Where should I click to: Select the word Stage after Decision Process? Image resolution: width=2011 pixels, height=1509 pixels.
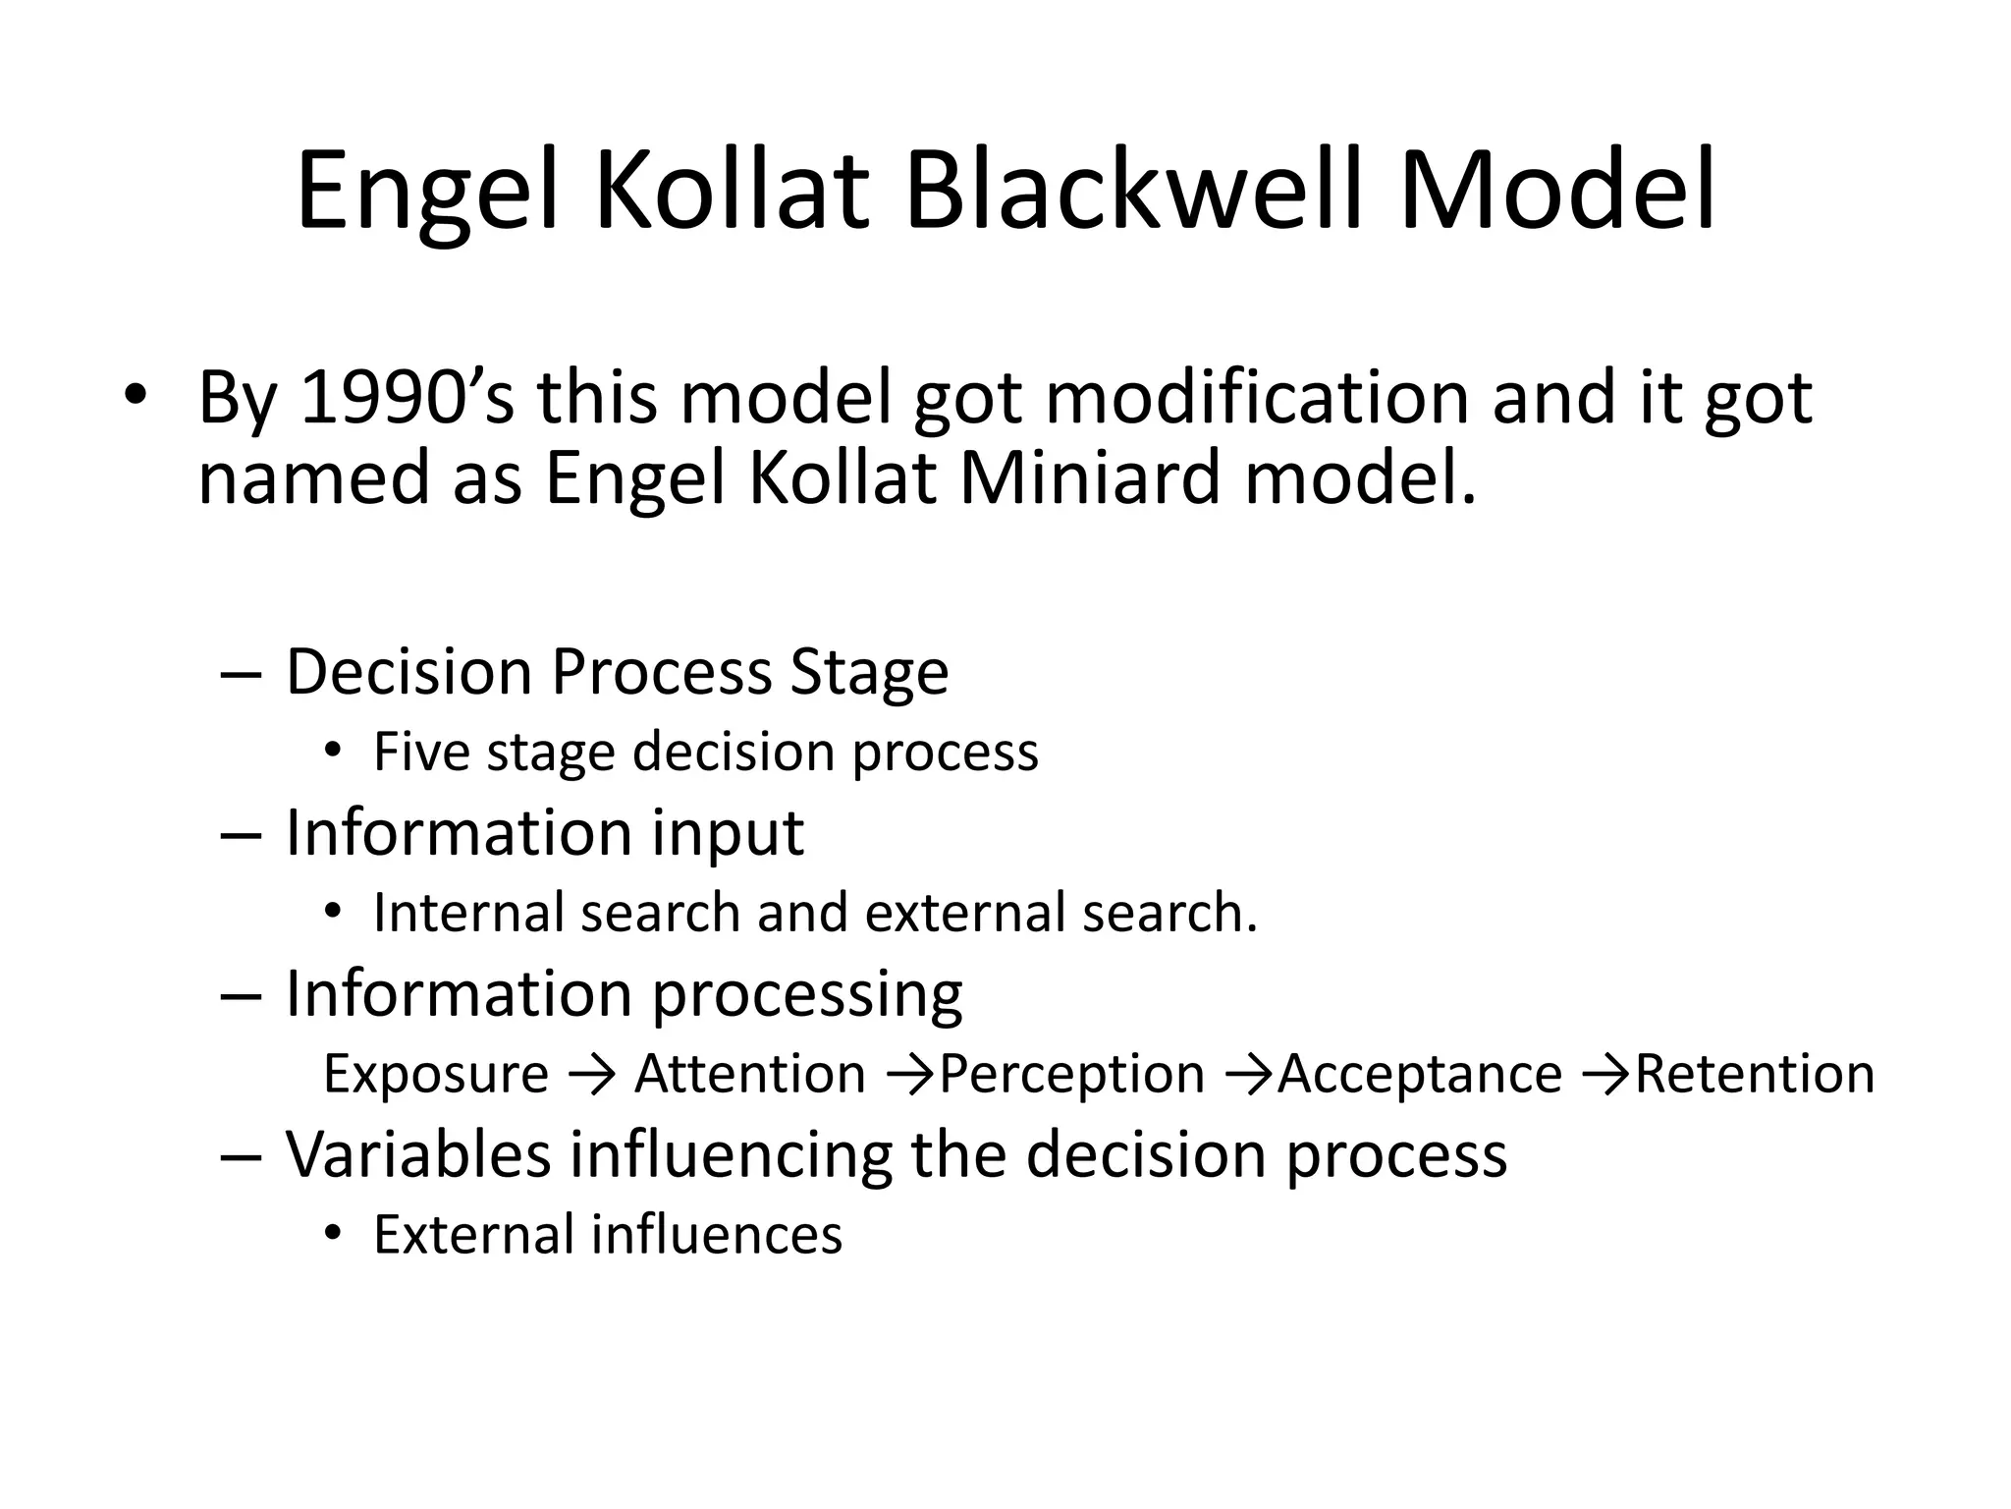pos(869,672)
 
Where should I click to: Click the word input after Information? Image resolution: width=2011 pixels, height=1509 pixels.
pos(728,833)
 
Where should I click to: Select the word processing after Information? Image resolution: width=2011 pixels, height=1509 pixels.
pos(807,994)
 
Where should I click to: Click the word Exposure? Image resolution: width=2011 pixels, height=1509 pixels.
pos(436,1074)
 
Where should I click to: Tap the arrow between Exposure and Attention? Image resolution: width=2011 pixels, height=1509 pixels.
pos(591,1075)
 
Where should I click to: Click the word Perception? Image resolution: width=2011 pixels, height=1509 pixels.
pos(1071,1074)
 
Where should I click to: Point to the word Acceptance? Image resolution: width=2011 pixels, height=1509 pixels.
pos(1419,1074)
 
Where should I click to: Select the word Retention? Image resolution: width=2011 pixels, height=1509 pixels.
pos(1755,1074)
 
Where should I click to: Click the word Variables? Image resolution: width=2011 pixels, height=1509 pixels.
pos(418,1154)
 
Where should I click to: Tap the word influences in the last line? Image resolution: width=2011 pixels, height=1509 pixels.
pos(716,1235)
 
